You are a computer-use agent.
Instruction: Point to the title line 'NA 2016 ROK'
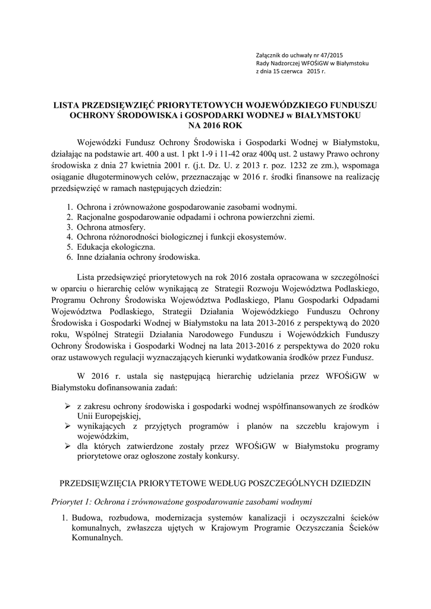215,125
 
